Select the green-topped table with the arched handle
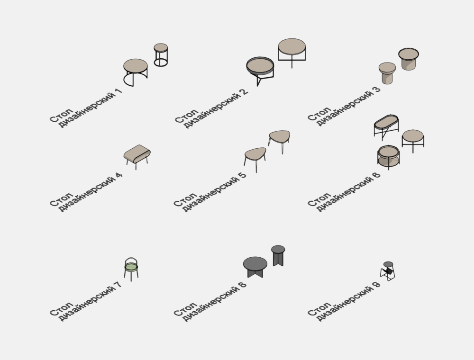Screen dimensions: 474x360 [131, 269]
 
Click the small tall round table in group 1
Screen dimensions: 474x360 [161, 54]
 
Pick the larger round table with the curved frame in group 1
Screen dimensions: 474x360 [136, 72]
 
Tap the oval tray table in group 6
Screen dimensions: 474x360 [386, 127]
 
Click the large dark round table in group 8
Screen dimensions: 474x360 [255, 267]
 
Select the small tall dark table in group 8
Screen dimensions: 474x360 [278, 255]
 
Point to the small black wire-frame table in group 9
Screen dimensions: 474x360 [388, 271]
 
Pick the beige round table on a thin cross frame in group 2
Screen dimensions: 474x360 [292, 53]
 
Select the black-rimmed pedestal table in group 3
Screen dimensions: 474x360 [409, 59]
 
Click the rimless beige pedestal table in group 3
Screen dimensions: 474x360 [387, 73]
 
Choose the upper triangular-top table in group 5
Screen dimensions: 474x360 [279, 141]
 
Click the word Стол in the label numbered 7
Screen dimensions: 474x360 [61, 309]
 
